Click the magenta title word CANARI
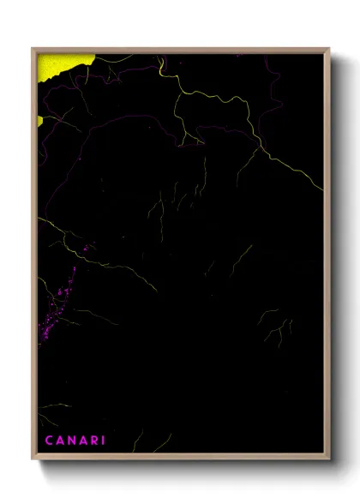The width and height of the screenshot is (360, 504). [x=75, y=441]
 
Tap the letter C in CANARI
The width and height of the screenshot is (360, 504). [x=49, y=441]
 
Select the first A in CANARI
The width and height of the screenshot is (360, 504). [x=61, y=441]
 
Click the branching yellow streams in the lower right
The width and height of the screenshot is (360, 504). [x=276, y=326]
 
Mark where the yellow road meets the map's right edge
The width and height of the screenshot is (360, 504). [x=323, y=189]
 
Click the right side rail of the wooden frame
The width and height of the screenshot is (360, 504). [x=327, y=257]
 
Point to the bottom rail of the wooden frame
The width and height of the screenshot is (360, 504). [x=180, y=458]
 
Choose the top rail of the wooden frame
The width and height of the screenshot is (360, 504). [x=180, y=51]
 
